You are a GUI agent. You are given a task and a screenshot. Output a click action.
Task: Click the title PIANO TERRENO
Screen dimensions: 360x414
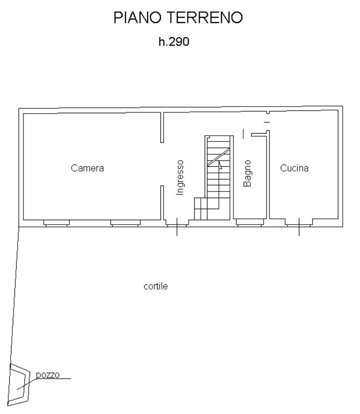(178, 18)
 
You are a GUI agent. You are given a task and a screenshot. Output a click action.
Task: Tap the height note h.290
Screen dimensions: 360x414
(174, 42)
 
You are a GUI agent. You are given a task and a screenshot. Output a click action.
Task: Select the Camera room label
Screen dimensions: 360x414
(87, 168)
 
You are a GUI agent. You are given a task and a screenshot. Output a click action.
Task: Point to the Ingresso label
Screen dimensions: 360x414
(180, 178)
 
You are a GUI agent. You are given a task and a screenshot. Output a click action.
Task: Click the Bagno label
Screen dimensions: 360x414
(247, 174)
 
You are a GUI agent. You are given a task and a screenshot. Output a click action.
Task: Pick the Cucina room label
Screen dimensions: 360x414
(294, 168)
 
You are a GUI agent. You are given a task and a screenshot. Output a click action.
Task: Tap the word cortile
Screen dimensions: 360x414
(156, 286)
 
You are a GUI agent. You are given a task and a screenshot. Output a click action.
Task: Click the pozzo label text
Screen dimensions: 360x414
(48, 375)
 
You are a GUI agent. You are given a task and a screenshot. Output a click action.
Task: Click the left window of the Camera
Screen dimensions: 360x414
(57, 223)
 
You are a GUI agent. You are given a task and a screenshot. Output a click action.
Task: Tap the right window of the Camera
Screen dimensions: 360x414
(125, 223)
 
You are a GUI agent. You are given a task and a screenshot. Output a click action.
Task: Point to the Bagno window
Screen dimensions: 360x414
(250, 223)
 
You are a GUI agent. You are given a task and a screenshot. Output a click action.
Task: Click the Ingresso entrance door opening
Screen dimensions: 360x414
(177, 224)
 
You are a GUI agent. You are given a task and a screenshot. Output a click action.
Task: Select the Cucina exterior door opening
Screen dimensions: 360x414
(299, 223)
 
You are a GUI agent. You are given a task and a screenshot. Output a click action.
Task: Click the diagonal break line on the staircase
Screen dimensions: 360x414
(218, 157)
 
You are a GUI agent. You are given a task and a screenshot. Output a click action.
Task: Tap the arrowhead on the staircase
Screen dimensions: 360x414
(220, 165)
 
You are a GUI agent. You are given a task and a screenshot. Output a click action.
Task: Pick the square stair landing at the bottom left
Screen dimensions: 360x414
(201, 209)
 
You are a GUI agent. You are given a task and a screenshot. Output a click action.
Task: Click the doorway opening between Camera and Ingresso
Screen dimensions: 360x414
(162, 164)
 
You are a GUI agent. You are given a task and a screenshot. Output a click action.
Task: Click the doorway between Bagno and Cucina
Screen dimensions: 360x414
(268, 122)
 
